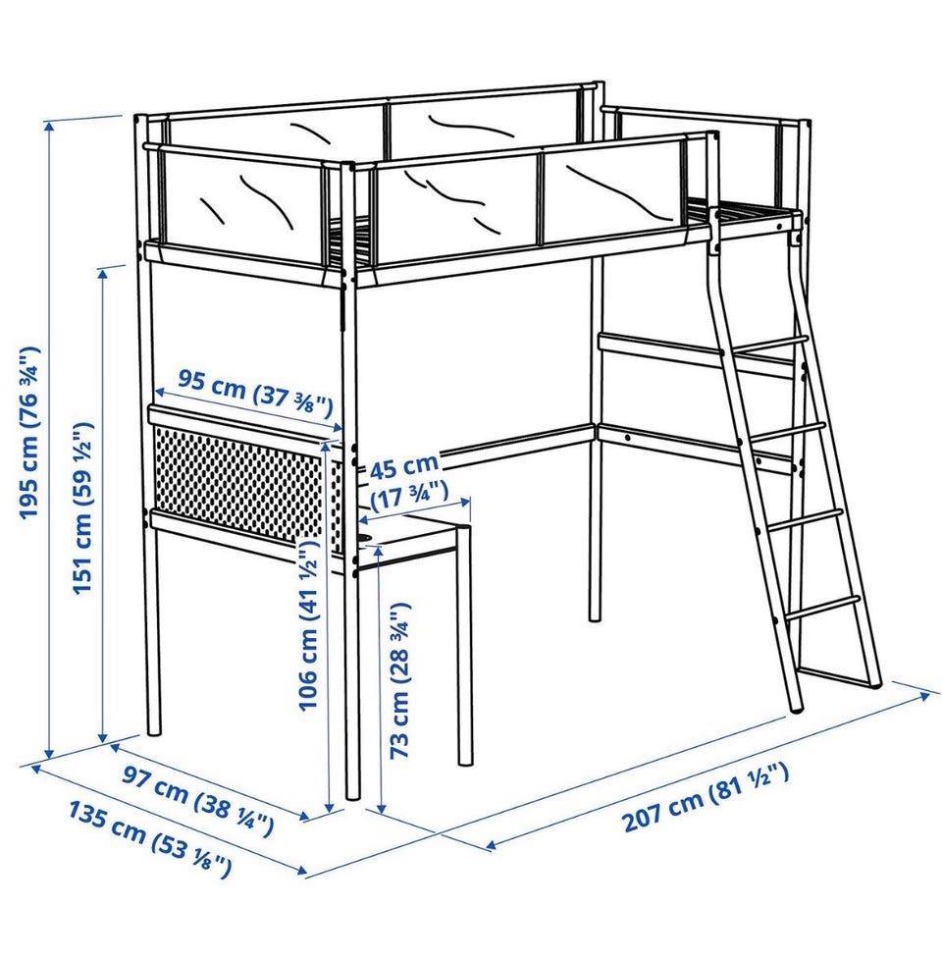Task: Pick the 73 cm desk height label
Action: click(399, 680)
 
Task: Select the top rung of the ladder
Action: click(770, 344)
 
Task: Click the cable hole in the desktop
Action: click(365, 537)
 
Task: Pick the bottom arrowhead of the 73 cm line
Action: click(381, 808)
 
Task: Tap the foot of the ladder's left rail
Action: click(797, 710)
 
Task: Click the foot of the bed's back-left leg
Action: click(155, 729)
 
